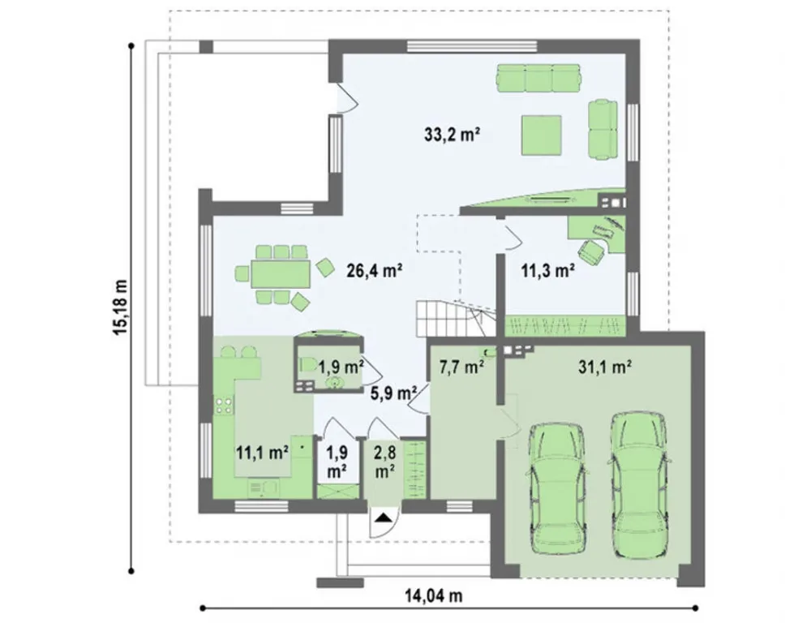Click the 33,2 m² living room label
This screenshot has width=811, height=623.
point(450,135)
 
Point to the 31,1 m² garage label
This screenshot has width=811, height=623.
point(603,367)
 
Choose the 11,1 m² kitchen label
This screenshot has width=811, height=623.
point(262,453)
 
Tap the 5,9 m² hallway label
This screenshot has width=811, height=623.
point(394,393)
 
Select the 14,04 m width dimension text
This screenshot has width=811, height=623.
point(433,596)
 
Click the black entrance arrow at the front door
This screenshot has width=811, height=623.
point(383,518)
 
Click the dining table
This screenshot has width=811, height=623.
point(281,273)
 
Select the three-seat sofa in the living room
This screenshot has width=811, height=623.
point(538,78)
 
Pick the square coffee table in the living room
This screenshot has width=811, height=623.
point(542,135)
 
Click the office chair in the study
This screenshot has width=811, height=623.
point(591,252)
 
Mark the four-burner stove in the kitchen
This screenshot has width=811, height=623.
point(224,406)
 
